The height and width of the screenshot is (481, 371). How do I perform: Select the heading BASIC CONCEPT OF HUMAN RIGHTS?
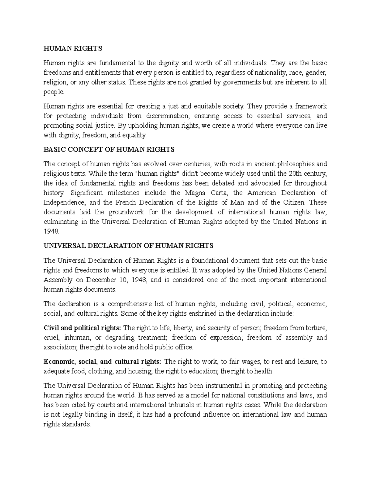click(x=109, y=150)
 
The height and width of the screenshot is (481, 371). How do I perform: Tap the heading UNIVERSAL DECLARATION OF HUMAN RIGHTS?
click(x=129, y=246)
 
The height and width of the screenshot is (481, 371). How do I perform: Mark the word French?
click(x=126, y=202)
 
